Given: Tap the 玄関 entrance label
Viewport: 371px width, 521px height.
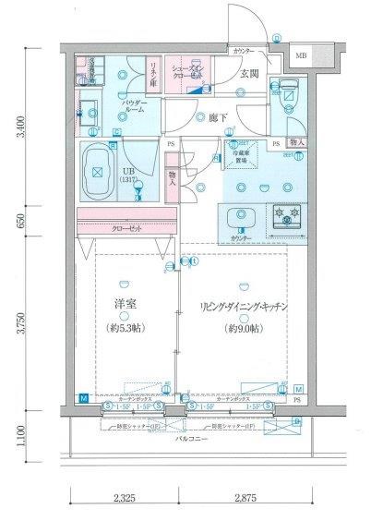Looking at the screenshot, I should coord(250,75).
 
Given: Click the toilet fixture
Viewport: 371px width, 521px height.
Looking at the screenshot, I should coord(287,90).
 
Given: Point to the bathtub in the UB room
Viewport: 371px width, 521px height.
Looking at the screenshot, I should coord(98,172).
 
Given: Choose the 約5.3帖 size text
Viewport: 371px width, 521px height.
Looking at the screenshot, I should coord(126,326).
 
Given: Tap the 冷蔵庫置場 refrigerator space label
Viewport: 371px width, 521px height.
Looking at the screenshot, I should coord(243,153).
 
